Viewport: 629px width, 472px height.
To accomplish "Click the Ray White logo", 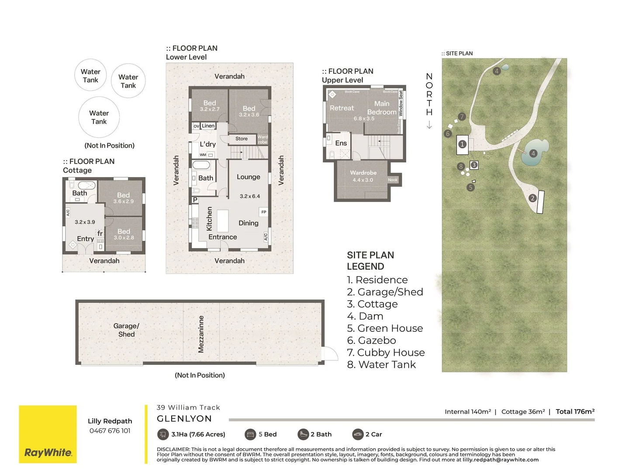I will (48, 434).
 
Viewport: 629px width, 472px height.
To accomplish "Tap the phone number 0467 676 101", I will (110, 431).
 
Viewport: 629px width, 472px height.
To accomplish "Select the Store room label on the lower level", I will (242, 139).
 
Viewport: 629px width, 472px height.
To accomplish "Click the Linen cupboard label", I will (208, 126).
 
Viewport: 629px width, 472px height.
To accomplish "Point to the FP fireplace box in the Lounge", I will (264, 212).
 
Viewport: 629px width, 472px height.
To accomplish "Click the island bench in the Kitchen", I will (223, 221).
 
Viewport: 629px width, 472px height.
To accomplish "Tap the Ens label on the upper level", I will (341, 143).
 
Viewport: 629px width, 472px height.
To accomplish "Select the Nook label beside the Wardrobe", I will (393, 180).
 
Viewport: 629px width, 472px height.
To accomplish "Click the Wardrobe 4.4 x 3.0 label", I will (363, 176).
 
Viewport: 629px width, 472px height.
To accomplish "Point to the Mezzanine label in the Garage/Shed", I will (201, 334).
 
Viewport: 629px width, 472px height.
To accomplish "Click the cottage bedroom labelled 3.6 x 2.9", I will (123, 198).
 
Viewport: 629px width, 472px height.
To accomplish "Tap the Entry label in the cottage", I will (85, 239).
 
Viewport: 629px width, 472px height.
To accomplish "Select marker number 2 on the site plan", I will (532, 198).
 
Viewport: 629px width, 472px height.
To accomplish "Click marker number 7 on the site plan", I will (462, 117).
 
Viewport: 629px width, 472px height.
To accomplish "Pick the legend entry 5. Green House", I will (385, 328).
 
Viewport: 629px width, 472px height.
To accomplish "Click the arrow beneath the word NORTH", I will (429, 125).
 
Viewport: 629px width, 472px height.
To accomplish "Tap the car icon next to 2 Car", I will (358, 434).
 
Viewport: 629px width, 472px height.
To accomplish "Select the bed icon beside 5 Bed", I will (250, 434).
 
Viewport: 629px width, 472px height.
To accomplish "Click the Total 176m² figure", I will (575, 412).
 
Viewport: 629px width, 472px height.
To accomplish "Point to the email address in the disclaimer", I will (501, 460).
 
